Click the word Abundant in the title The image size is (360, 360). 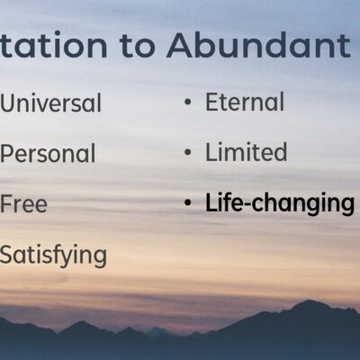click(258, 45)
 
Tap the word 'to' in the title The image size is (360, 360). click(137, 46)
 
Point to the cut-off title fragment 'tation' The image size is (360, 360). click(53, 45)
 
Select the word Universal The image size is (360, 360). click(50, 103)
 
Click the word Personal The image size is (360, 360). click(48, 153)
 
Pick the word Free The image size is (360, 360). click(23, 204)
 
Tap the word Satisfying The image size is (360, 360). click(53, 256)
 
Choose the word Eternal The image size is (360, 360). click(245, 102)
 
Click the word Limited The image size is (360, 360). click(246, 152)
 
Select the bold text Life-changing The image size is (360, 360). click(280, 203)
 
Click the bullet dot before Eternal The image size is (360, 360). click(188, 102)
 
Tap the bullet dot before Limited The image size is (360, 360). click(188, 152)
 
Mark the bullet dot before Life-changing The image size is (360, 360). click(188, 203)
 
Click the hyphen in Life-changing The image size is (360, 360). click(246, 204)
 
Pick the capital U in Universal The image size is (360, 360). click(8, 103)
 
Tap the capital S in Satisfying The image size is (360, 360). click(7, 255)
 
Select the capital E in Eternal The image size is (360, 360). click(212, 102)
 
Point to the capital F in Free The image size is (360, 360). click(6, 204)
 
